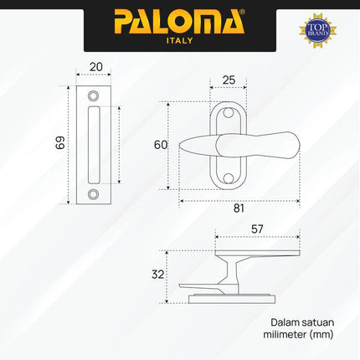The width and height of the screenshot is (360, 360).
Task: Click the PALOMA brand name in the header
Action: click(x=179, y=19)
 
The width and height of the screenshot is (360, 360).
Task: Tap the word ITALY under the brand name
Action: click(x=179, y=39)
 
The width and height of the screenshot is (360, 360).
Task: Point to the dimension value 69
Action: click(x=59, y=143)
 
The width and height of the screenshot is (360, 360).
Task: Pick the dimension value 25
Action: click(x=228, y=81)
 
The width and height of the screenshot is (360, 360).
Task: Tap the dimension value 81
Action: click(x=238, y=208)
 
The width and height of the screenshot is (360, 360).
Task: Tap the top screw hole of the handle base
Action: click(x=228, y=116)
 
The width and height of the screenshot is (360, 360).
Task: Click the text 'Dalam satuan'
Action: click(x=297, y=321)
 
